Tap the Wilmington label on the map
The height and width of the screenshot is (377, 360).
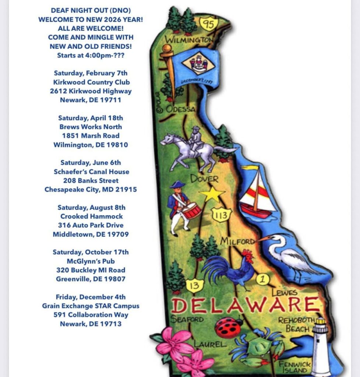(188, 39)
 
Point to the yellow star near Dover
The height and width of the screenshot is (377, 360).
(212, 194)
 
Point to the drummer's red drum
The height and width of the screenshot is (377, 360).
(191, 211)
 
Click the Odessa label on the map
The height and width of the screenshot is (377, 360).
(180, 109)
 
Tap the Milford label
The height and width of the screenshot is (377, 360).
(237, 242)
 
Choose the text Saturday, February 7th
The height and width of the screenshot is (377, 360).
(91, 73)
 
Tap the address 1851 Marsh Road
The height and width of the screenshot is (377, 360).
(91, 135)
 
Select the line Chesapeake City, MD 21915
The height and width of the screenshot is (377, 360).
(91, 190)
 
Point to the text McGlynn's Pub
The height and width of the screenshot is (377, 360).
(91, 261)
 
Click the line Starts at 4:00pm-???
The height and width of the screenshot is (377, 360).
(91, 55)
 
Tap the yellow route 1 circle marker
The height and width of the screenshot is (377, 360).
(262, 279)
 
